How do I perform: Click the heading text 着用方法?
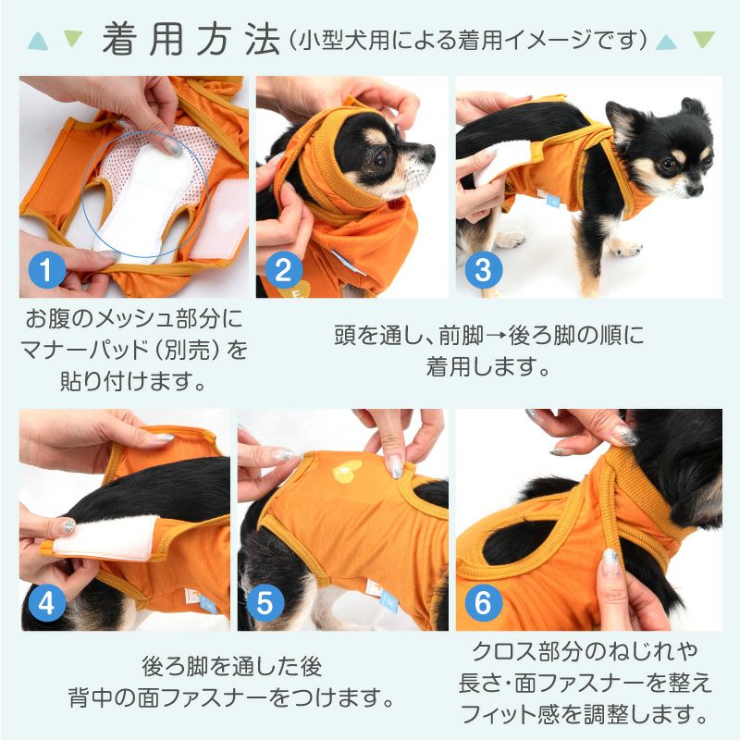[x=190, y=39]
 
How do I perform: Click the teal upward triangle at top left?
[x=38, y=40]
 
